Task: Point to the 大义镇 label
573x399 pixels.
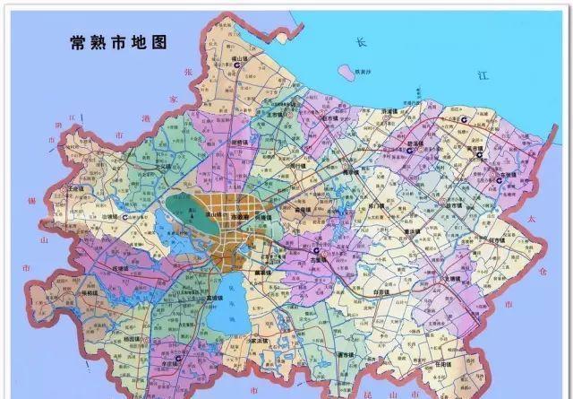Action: coord(164,166)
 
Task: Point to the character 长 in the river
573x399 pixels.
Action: coord(361,42)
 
